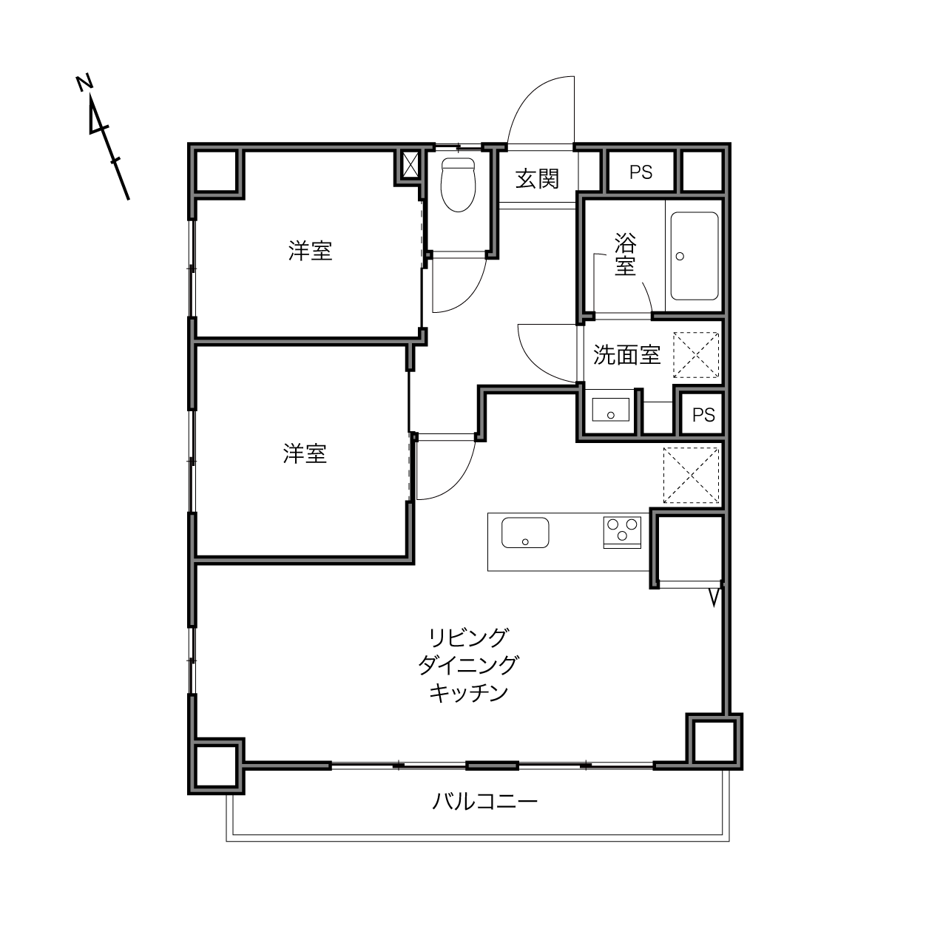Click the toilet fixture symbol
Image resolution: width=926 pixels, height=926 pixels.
tap(458, 184)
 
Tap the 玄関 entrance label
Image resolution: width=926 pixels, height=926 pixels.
tap(537, 179)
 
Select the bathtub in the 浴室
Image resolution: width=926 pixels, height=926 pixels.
tap(694, 256)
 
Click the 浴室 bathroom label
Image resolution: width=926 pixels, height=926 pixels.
tap(625, 254)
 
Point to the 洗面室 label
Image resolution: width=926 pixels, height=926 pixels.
tap(626, 354)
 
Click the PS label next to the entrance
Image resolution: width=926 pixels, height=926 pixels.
tap(641, 172)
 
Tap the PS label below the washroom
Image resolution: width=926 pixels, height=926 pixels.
tap(703, 415)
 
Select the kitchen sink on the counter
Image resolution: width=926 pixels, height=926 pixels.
tap(525, 533)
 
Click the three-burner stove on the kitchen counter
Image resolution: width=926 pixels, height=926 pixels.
tap(622, 533)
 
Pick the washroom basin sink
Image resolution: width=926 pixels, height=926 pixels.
tap(611, 410)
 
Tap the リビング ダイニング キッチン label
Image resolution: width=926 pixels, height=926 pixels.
tap(468, 666)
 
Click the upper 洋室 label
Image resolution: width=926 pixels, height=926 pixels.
tap(311, 251)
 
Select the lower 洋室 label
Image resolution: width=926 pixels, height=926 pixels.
tap(305, 453)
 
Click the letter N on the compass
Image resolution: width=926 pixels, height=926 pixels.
tap(84, 83)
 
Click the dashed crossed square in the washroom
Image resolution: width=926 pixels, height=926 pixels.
tap(696, 354)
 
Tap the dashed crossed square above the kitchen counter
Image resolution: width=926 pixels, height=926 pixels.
tap(691, 476)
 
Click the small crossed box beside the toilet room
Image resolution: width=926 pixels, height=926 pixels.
tap(410, 165)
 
